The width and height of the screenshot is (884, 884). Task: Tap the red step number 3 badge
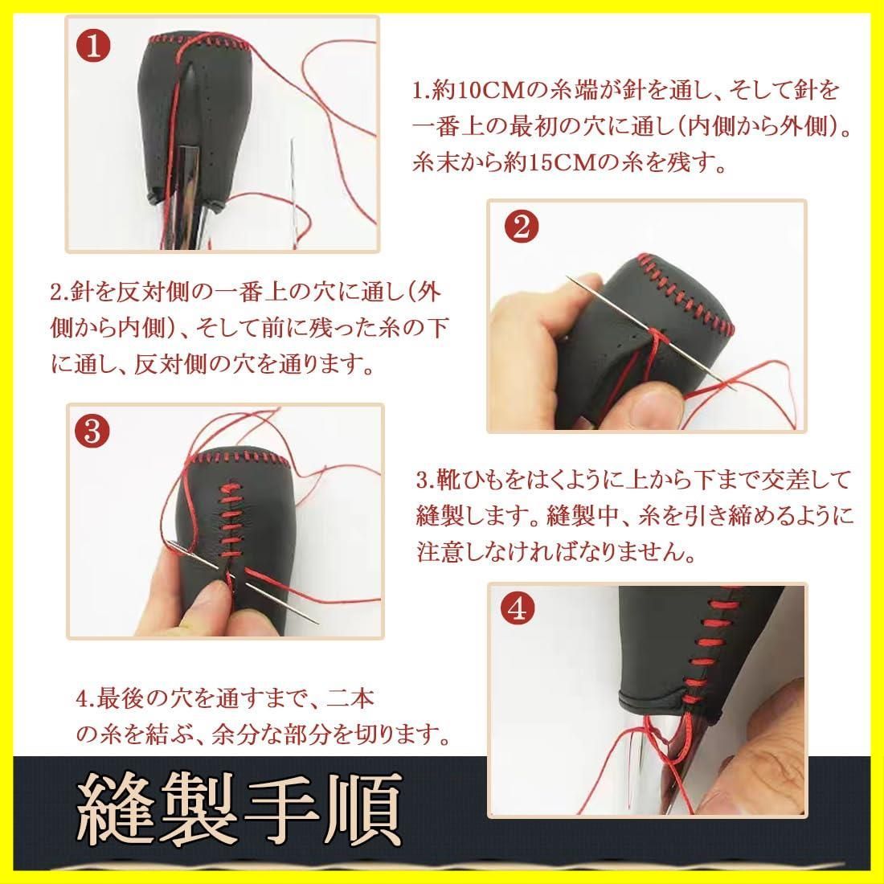92,432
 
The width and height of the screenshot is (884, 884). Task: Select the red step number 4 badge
517,609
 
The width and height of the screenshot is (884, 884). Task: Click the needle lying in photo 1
293,192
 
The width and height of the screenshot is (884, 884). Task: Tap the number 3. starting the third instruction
425,481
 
